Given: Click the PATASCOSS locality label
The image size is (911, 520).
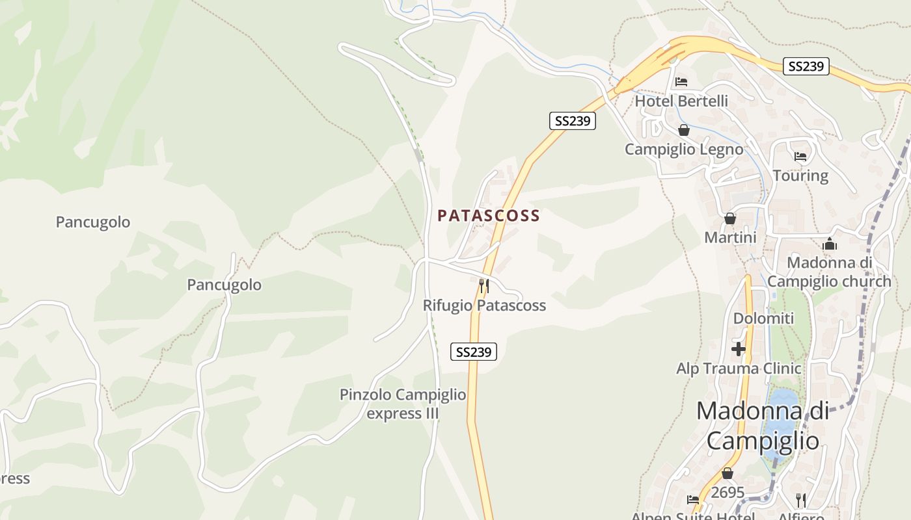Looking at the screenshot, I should tap(489, 216).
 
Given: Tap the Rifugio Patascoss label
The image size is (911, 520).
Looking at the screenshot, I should tap(484, 305).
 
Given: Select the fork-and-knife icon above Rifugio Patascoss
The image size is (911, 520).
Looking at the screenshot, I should tap(483, 285).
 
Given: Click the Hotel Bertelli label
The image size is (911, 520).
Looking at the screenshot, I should tap(681, 101).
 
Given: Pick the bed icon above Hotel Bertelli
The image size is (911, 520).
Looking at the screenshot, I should tap(681, 82).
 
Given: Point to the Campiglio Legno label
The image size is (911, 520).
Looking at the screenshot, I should tap(684, 149).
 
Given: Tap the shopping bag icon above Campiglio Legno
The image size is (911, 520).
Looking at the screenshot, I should tap(683, 130).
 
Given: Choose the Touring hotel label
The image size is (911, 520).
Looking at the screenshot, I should tap(800, 175).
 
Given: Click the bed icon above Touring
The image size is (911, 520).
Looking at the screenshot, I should tap(800, 157).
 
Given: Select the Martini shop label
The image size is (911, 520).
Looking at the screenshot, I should tap(730, 238).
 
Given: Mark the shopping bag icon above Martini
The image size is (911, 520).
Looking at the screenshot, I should tap(730, 218).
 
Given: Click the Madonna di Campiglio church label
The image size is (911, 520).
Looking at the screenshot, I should tap(829, 272).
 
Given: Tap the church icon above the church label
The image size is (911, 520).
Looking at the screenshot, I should tap(830, 244).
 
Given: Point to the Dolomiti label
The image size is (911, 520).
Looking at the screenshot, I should tap(763, 318).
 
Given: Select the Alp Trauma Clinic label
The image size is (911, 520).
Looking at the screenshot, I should tap(739, 369).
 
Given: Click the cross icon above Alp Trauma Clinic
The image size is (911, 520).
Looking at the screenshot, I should tap(739, 349).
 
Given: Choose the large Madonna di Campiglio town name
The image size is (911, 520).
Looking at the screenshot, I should tap(763, 426).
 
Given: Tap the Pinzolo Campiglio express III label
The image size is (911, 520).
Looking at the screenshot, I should tap(403, 404).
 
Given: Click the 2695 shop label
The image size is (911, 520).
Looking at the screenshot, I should tap(727, 493).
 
